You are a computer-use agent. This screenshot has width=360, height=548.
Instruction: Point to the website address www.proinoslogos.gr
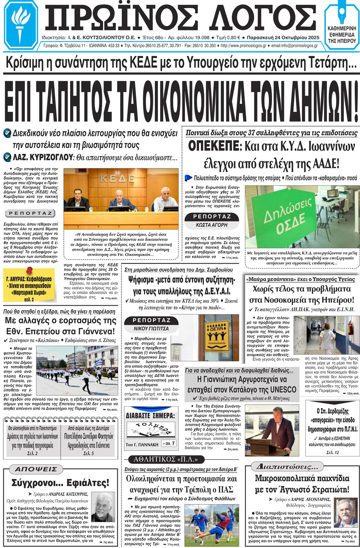[244, 46]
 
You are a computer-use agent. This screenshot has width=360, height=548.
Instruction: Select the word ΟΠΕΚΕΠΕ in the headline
[213, 146]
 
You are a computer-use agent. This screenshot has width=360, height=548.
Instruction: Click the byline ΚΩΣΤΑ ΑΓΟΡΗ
[211, 225]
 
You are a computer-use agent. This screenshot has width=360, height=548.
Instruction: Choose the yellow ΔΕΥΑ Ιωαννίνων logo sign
[216, 334]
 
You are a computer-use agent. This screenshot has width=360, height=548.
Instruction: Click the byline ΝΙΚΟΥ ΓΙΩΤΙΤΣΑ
[151, 329]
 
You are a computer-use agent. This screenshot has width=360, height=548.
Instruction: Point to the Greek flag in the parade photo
[98, 363]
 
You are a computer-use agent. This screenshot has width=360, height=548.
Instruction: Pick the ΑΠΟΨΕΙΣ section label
[36, 469]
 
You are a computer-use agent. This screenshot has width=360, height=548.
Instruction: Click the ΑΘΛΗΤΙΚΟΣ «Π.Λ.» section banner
[165, 459]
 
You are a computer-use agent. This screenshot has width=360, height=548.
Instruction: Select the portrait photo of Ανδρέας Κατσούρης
[103, 507]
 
